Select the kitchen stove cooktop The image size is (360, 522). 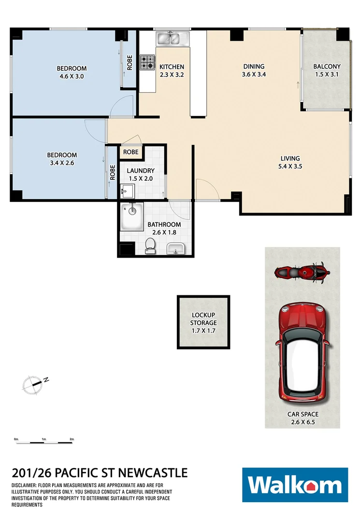click(x=147, y=62)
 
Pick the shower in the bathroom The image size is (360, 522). click(x=131, y=217)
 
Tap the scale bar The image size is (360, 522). click(x=44, y=441)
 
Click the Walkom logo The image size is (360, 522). click(x=295, y=485)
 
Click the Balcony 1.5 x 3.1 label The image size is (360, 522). click(x=327, y=71)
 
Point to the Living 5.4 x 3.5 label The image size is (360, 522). click(x=290, y=162)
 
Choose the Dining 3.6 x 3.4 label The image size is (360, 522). click(x=254, y=71)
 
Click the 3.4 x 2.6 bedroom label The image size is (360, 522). click(x=61, y=159)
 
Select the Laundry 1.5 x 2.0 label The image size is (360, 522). click(x=141, y=174)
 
